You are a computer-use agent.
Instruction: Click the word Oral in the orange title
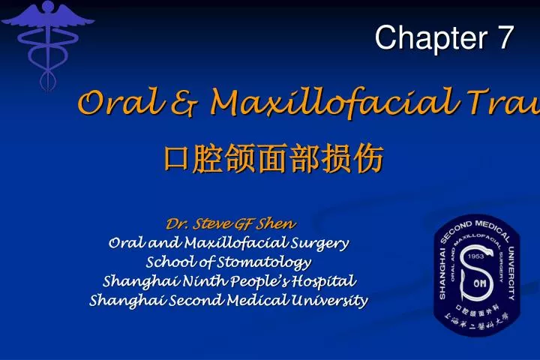(112, 103)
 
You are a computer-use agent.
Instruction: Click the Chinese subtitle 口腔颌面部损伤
(274, 159)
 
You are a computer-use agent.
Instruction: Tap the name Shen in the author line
(277, 223)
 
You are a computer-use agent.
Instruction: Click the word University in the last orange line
(334, 301)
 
